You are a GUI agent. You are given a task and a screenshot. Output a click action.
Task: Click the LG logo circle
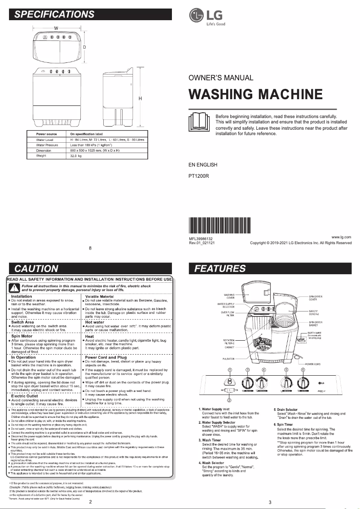point(196,16)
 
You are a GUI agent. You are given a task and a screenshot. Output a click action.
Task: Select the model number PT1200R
point(199,176)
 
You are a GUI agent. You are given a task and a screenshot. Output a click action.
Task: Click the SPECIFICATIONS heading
point(54,14)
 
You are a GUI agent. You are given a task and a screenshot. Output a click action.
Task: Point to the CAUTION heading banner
point(36,269)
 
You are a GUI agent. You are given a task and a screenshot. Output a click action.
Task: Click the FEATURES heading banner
point(220,269)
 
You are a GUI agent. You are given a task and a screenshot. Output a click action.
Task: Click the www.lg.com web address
point(341,237)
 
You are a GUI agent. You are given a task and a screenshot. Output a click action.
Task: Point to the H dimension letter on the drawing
point(140,98)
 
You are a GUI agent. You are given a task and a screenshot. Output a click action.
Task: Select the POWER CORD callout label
point(315,364)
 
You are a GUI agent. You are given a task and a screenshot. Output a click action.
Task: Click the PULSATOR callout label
point(229,359)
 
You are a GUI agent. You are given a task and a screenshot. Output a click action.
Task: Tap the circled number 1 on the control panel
point(230,369)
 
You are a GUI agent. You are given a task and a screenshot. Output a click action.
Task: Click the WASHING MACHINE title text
point(255,95)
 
